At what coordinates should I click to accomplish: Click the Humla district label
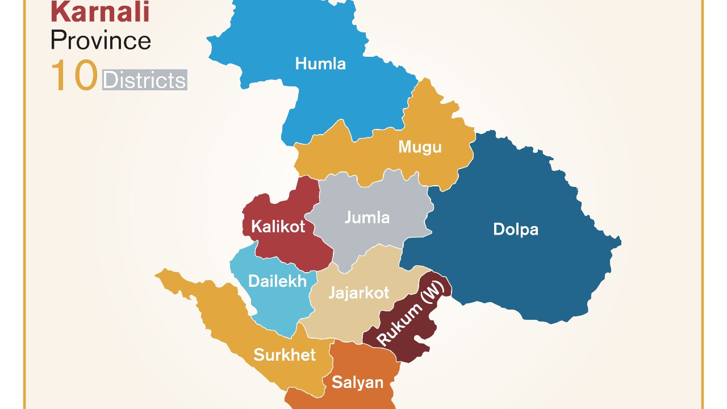(x=320, y=64)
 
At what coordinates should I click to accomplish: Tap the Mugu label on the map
(x=420, y=147)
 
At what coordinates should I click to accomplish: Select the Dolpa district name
(x=515, y=229)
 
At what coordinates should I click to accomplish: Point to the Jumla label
(x=367, y=218)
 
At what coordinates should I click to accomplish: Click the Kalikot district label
(x=278, y=227)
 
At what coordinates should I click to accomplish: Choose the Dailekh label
(x=277, y=281)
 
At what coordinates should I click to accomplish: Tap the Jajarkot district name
(x=359, y=293)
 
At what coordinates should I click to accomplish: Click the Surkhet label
(x=285, y=355)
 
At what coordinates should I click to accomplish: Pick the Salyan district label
(x=358, y=382)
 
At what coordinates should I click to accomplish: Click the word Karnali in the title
(x=100, y=12)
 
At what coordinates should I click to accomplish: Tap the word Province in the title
(x=101, y=40)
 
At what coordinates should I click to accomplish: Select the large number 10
(x=74, y=77)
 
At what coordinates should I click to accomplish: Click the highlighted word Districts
(x=145, y=80)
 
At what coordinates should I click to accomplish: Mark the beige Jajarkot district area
(x=341, y=324)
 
